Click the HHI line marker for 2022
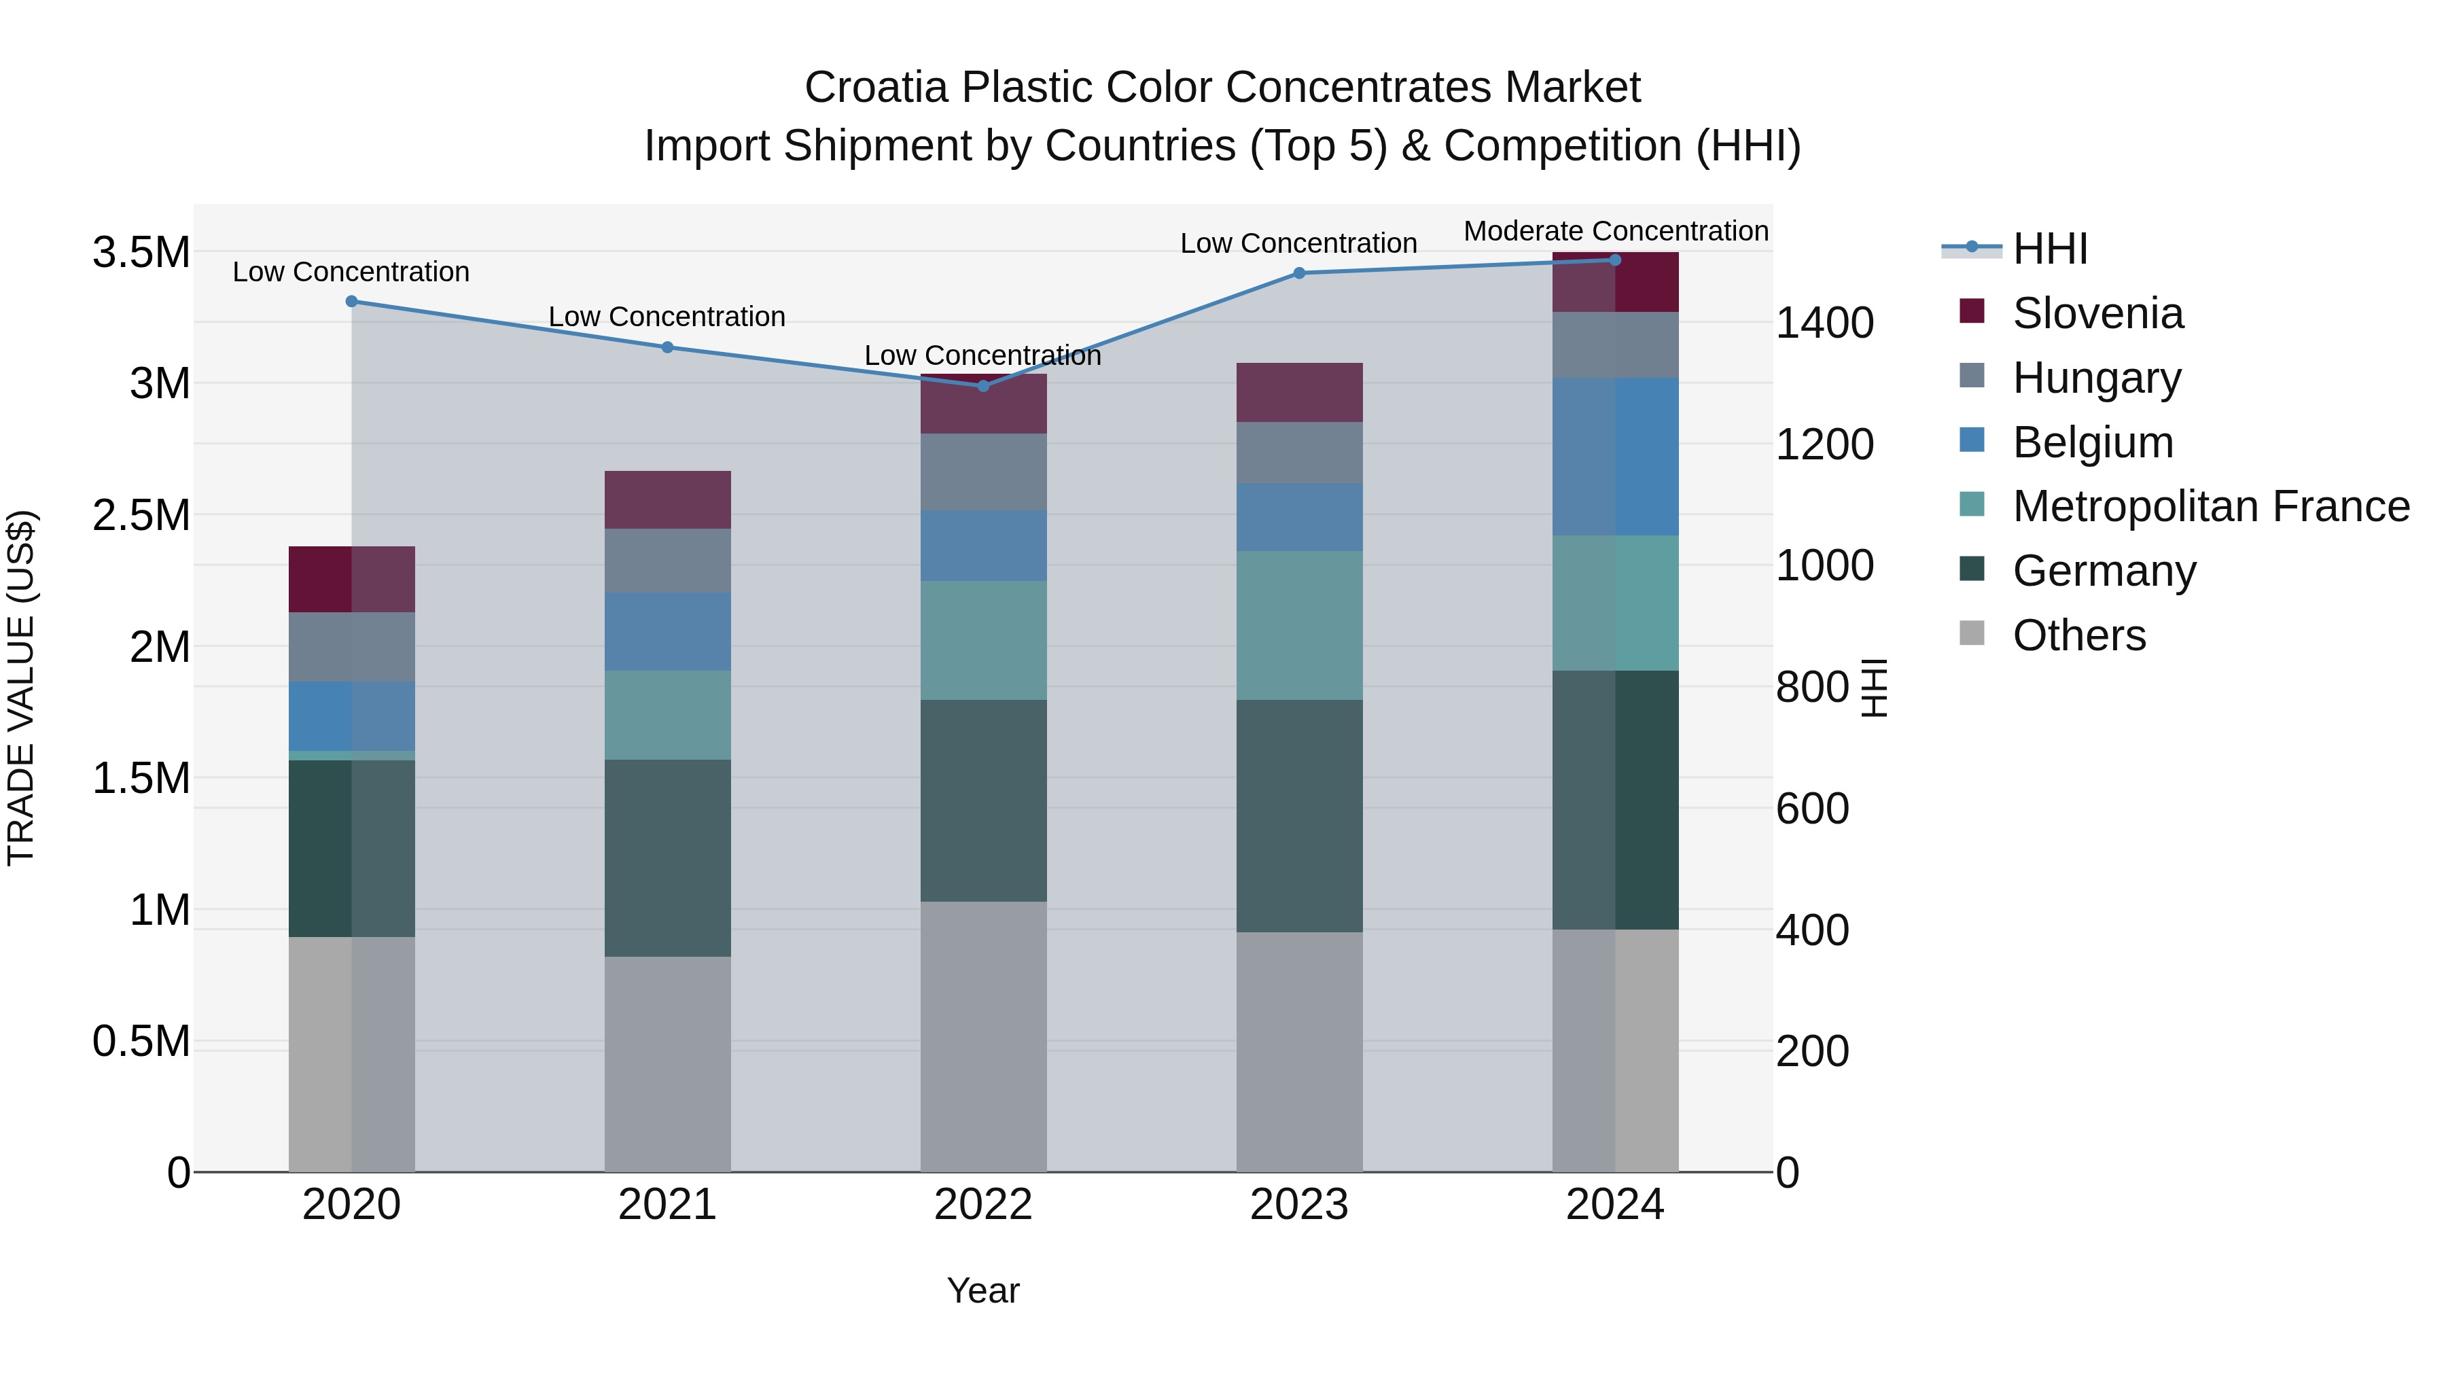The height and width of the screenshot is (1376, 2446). click(x=982, y=385)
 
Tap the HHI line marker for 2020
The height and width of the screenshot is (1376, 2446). click(x=351, y=301)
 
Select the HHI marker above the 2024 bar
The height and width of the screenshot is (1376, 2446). click(x=1615, y=260)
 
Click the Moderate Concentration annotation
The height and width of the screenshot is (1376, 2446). click(x=1615, y=231)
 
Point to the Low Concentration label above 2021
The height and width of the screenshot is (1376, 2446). click(x=667, y=316)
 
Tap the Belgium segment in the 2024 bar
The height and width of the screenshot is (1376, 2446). click(x=1615, y=456)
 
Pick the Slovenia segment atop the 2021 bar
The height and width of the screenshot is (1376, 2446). click(x=667, y=499)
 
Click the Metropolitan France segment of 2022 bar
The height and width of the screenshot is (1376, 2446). click(x=982, y=640)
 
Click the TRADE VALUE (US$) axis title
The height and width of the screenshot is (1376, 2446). click(x=21, y=688)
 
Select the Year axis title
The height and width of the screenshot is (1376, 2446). click(x=982, y=1290)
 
